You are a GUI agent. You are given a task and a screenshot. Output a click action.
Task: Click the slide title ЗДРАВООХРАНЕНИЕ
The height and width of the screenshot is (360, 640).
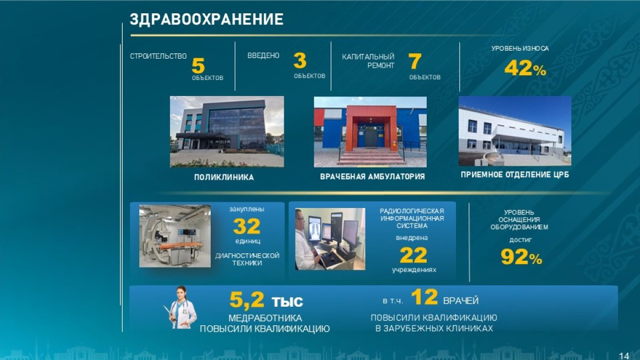tap(206, 19)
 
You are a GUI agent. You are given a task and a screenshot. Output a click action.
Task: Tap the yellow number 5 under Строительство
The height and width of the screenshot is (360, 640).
tap(198, 66)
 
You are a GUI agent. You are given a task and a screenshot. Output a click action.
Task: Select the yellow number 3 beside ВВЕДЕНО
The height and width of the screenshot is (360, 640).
tap(300, 61)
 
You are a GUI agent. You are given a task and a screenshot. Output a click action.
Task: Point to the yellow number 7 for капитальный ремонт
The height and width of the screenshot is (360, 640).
tap(414, 61)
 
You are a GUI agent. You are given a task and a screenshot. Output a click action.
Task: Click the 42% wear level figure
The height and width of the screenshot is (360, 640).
tap(525, 69)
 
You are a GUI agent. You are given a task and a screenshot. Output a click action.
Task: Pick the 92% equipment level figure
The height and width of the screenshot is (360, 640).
tap(522, 257)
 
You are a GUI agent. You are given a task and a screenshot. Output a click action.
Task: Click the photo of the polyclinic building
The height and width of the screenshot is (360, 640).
tap(227, 131)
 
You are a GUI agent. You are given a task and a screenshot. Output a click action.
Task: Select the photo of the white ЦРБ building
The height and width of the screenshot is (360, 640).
tap(515, 131)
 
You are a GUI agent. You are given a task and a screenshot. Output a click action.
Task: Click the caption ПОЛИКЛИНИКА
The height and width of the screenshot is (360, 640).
tap(224, 177)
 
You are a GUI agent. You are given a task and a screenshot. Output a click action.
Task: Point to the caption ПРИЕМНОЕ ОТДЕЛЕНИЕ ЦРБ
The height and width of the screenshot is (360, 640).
tap(515, 174)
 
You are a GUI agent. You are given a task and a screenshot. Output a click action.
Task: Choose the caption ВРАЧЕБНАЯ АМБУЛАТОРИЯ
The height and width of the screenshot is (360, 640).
tap(372, 177)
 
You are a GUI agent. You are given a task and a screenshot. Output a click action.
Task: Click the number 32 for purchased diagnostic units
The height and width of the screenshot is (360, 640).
tap(246, 226)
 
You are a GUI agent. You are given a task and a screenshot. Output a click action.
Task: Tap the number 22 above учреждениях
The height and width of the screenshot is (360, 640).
tap(413, 255)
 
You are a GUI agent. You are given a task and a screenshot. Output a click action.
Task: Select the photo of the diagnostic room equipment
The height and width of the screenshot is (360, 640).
tap(175, 236)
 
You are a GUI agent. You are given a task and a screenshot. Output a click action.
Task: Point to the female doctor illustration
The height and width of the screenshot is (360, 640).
tap(181, 307)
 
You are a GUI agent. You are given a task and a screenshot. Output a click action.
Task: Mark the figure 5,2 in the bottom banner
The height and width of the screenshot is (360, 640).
tap(247, 300)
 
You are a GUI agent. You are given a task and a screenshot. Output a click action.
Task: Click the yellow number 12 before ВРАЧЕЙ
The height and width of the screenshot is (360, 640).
tap(425, 297)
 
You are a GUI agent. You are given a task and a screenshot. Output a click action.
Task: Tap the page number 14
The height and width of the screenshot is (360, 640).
tap(625, 356)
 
